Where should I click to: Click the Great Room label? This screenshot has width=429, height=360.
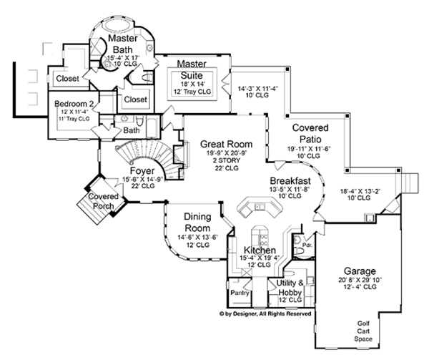click(x=223, y=142)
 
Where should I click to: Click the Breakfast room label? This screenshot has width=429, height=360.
click(x=290, y=180)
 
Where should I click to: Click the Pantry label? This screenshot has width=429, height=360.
click(x=239, y=293)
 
